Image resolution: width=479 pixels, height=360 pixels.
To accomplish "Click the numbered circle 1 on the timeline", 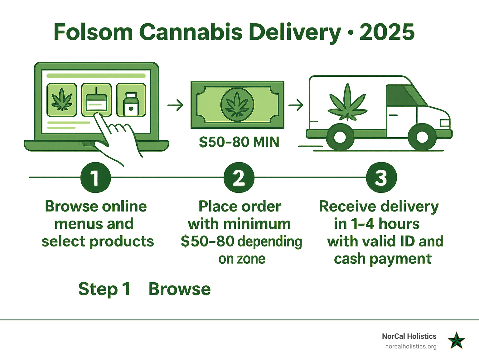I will (95, 178).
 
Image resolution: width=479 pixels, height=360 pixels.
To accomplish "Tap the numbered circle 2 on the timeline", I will (239, 178).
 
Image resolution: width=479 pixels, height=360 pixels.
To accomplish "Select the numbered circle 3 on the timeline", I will (381, 178).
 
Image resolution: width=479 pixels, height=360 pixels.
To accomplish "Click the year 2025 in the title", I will (387, 32).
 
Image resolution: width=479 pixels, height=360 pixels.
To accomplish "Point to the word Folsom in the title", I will (93, 32).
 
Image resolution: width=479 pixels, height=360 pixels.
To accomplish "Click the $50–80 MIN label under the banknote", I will (239, 142).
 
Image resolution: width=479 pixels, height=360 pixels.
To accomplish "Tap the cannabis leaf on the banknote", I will (237, 104).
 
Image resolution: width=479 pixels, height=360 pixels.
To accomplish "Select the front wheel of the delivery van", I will (422, 137).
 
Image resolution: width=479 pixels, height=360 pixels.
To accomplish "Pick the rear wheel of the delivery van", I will (340, 137).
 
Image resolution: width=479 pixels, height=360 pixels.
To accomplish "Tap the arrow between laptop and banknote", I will (176, 105).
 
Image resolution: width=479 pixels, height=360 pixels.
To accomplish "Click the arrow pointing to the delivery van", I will (296, 105).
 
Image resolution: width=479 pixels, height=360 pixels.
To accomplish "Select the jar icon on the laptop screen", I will (131, 100).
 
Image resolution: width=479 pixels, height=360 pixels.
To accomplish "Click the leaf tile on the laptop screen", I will (62, 100).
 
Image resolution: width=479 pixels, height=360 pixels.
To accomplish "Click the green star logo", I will (457, 340).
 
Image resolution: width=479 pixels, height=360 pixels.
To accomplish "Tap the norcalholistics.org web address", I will (411, 347).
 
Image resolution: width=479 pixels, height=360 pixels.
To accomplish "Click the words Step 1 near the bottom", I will (104, 289).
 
